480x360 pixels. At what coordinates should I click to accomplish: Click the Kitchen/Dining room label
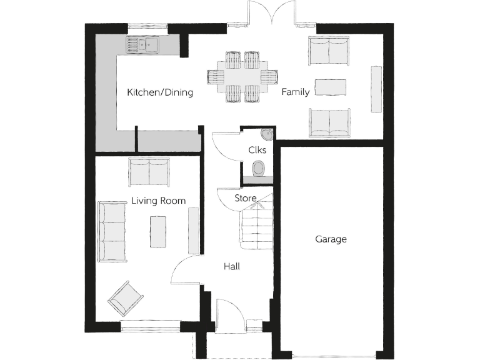(160, 92)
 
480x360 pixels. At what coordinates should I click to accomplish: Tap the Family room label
(295, 92)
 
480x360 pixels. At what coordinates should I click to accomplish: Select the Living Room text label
(158, 201)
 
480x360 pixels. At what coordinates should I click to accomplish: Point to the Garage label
(331, 239)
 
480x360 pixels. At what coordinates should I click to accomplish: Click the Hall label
(232, 266)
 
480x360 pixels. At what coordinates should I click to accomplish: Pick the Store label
(245, 198)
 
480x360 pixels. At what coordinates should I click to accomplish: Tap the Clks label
(257, 150)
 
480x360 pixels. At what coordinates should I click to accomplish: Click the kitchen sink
(142, 44)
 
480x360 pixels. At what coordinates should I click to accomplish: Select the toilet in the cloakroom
(258, 169)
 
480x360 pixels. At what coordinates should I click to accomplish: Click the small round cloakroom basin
(267, 134)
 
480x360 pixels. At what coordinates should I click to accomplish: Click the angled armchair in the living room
(126, 298)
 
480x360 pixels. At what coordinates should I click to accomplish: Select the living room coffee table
(158, 231)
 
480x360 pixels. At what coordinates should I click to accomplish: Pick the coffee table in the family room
(331, 87)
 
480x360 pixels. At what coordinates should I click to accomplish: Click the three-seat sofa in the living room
(112, 231)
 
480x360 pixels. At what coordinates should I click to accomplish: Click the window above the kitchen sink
(147, 27)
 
